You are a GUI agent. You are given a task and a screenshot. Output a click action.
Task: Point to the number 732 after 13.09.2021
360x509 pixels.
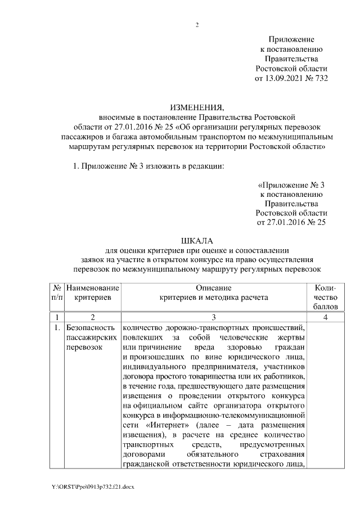click(x=321, y=78)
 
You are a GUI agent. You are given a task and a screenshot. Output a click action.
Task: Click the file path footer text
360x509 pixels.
click(x=93, y=485)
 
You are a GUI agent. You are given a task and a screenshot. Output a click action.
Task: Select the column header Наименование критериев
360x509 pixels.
click(x=92, y=291)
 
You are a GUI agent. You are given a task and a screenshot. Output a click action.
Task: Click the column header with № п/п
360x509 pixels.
click(x=57, y=291)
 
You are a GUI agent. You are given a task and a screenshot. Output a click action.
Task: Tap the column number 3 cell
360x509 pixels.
click(x=214, y=317)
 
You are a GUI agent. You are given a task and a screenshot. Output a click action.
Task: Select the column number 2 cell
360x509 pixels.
click(x=92, y=317)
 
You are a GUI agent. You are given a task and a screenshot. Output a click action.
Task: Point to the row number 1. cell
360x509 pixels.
click(x=57, y=327)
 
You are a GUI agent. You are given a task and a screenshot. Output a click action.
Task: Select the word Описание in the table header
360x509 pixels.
click(x=214, y=287)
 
